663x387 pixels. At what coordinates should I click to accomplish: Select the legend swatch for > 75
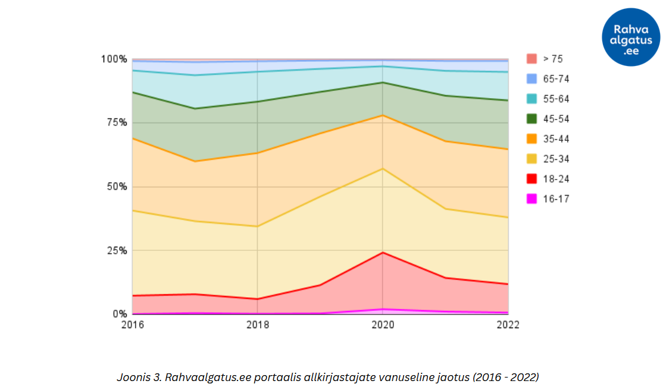tap(532, 59)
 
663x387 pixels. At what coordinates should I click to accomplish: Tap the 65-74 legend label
tap(556, 79)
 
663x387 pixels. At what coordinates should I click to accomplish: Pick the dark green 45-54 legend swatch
tap(532, 119)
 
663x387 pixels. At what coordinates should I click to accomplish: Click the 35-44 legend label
tap(556, 139)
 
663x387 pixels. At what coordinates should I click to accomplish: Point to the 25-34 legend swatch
tap(532, 159)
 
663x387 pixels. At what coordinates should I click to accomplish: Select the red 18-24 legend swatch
tap(532, 179)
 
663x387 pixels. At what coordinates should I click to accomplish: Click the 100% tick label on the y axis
tap(114, 59)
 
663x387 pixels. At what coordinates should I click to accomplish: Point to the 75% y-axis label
tap(117, 122)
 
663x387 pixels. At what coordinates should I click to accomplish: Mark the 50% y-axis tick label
tap(117, 187)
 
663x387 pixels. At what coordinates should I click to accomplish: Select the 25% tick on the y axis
tap(117, 250)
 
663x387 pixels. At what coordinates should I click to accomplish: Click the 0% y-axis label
tap(120, 314)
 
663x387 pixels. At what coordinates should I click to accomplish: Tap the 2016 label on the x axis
tap(132, 325)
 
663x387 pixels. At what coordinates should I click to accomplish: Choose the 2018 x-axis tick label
tap(257, 325)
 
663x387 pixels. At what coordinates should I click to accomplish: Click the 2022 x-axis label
tap(508, 325)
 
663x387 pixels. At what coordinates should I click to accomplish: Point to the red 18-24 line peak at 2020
tap(383, 253)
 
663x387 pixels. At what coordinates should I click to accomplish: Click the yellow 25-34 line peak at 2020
tap(383, 169)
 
